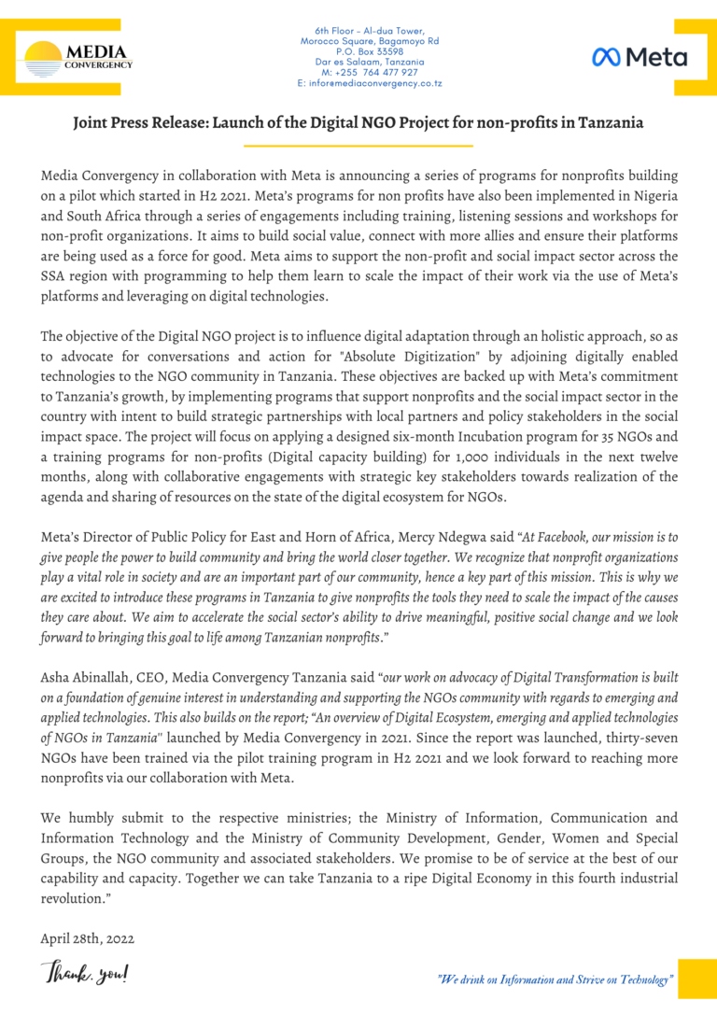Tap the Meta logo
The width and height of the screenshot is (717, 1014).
point(640,57)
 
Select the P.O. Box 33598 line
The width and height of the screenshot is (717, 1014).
point(372,51)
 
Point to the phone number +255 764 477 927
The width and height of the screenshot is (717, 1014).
point(370,72)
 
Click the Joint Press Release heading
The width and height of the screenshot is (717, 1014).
point(358,122)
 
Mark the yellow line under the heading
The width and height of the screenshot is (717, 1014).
point(358,146)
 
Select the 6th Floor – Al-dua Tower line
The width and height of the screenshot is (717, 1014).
point(370,31)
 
